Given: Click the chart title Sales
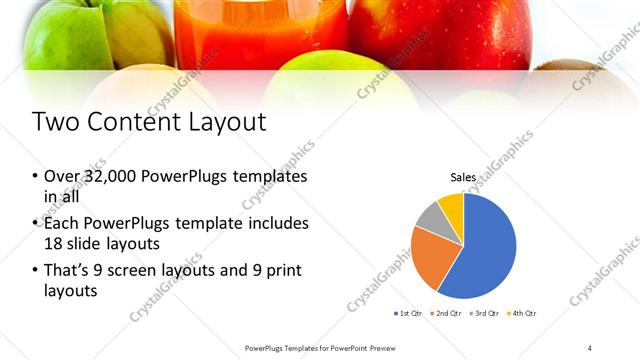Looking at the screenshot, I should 463,177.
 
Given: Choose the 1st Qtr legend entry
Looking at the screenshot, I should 408,314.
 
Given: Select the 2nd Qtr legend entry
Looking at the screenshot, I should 446,314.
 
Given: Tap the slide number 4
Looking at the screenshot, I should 589,348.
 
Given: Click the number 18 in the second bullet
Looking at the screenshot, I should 53,242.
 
